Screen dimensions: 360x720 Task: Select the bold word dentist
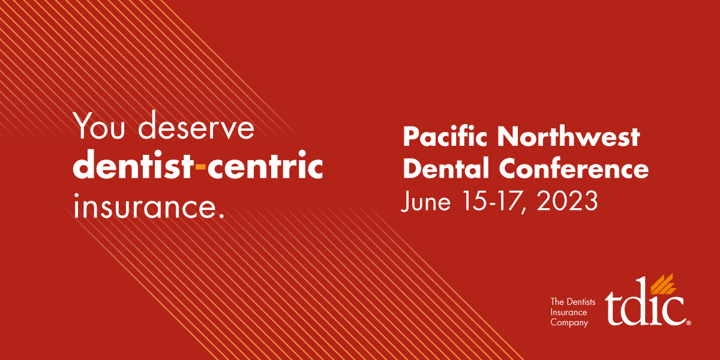tap(132, 167)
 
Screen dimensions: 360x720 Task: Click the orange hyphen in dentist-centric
tap(200, 169)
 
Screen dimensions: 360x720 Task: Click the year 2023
tap(566, 202)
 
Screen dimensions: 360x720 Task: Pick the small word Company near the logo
tap(569, 323)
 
